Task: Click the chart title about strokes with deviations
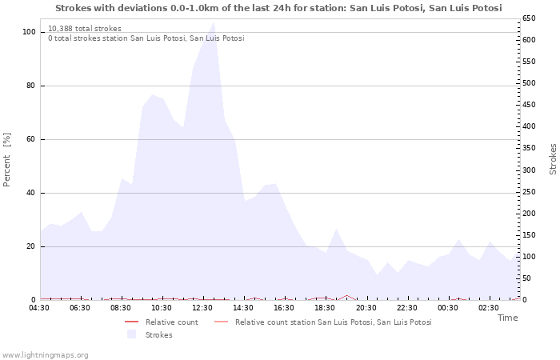tap(278, 8)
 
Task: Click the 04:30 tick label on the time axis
tap(40, 307)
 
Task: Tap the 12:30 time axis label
tap(202, 307)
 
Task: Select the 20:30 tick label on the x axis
tap(366, 307)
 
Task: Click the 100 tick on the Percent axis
tap(29, 32)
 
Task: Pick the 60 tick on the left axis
tap(31, 139)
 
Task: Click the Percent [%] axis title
tap(7, 160)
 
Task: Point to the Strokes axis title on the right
tap(552, 159)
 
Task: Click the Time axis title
tap(507, 318)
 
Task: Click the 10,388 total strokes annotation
tap(85, 29)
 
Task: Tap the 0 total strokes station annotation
tap(146, 38)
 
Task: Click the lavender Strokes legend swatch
tap(131, 334)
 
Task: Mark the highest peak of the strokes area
tap(213, 22)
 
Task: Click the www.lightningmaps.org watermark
tap(45, 354)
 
